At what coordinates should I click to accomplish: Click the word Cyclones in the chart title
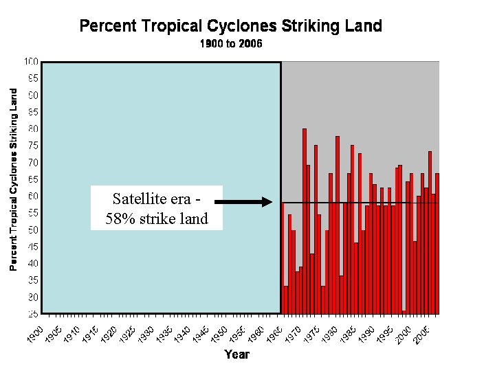coord(240,27)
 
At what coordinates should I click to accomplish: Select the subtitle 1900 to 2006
coord(231,44)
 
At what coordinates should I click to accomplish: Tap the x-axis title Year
coord(236,355)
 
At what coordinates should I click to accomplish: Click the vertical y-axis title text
coord(14,179)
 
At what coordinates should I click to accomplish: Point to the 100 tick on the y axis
coord(32,62)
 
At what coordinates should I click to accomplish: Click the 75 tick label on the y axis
coord(33,146)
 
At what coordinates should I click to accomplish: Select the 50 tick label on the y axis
coord(33,230)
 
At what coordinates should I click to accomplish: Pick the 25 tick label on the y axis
coord(33,314)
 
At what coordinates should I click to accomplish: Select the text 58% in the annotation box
coord(121,219)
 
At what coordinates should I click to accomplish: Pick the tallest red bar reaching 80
coord(305,220)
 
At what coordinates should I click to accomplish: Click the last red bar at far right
coord(437,244)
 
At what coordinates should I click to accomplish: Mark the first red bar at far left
coord(283,258)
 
